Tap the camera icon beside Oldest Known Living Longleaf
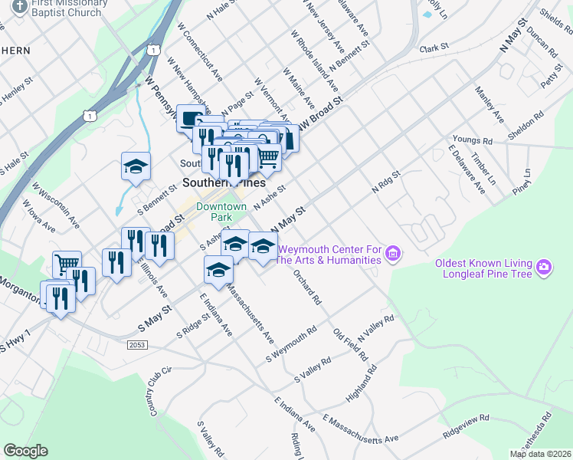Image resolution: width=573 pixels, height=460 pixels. pos(544,267)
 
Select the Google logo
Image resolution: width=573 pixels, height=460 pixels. pos(26,451)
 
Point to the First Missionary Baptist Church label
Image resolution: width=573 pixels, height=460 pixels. pos(67,8)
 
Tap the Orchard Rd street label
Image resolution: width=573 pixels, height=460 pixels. pos(305,287)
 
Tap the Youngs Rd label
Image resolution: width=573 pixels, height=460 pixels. pos(472,140)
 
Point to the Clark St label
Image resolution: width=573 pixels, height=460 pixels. pos(434,48)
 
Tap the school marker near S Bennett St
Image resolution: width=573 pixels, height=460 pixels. pos(136,166)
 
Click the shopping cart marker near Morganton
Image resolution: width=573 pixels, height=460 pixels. pos(67,264)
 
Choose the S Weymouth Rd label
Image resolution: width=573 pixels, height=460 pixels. pos(291,345)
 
